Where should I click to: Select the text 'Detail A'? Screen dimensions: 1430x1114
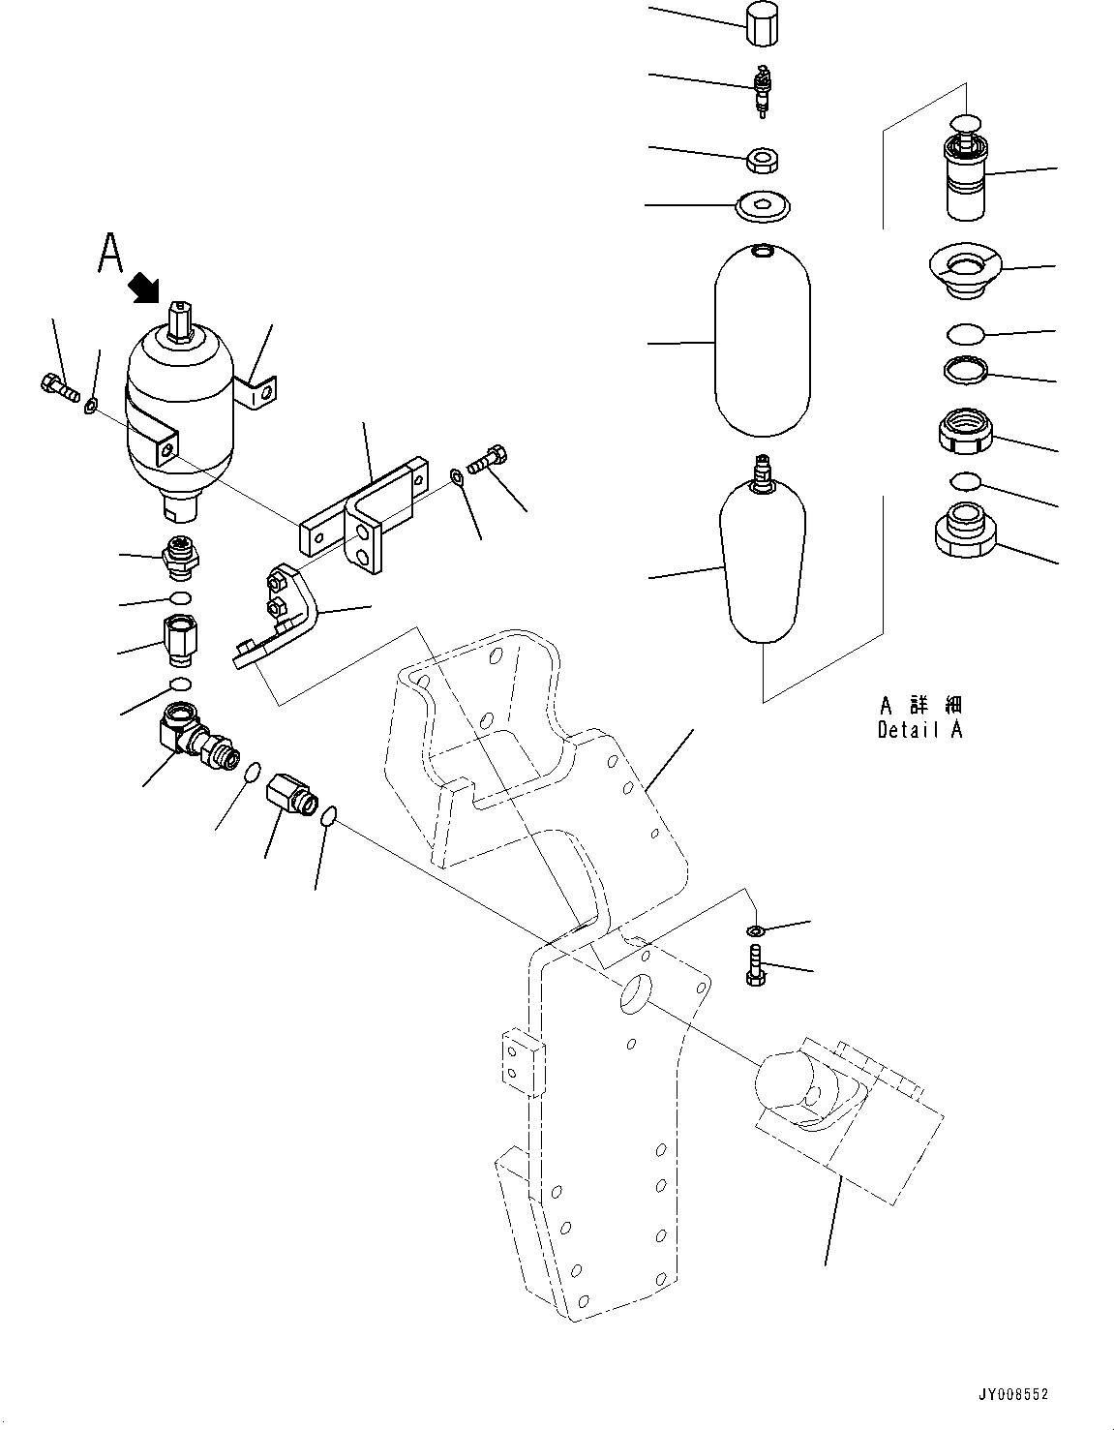tap(919, 730)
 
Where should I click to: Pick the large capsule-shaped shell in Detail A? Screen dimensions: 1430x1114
tap(762, 343)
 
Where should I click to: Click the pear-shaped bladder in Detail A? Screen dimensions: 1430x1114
tap(762, 558)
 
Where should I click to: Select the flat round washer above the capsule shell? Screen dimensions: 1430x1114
tap(763, 205)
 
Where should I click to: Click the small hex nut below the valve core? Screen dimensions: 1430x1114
tap(763, 158)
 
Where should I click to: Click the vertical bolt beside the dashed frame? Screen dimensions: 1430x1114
tap(755, 967)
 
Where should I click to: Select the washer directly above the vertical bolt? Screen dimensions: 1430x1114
tap(755, 930)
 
